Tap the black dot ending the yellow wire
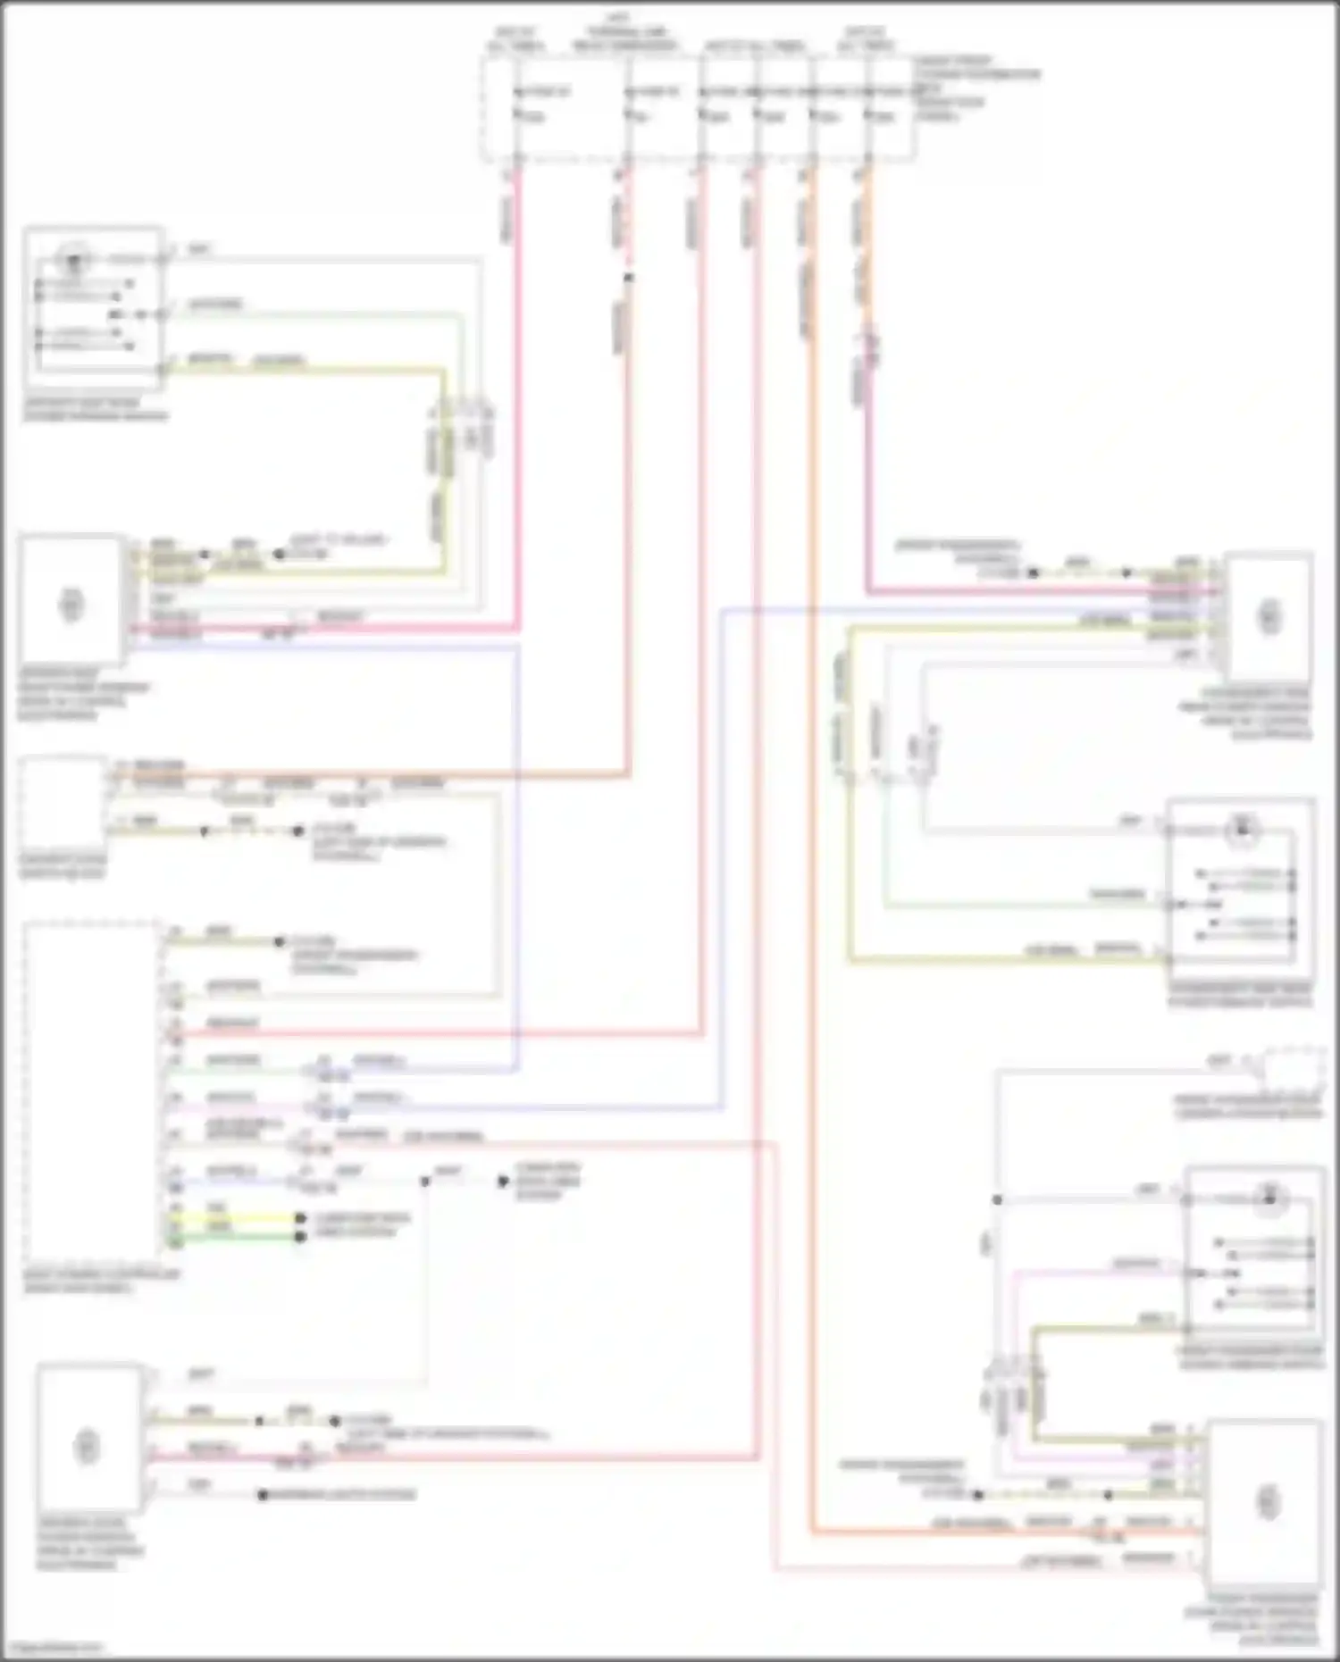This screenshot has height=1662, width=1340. click(x=301, y=1218)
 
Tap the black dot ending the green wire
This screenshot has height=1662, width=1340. click(x=301, y=1237)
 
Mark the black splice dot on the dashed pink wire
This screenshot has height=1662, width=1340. click(x=628, y=278)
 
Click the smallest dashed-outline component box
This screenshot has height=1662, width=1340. click(x=1290, y=1068)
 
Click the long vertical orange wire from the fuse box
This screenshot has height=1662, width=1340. click(x=812, y=804)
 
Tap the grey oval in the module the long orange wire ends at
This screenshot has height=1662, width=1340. click(x=1268, y=1501)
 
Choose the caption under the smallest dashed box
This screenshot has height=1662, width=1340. click(x=1247, y=1107)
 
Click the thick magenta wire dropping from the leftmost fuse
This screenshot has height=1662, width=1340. click(x=517, y=402)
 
